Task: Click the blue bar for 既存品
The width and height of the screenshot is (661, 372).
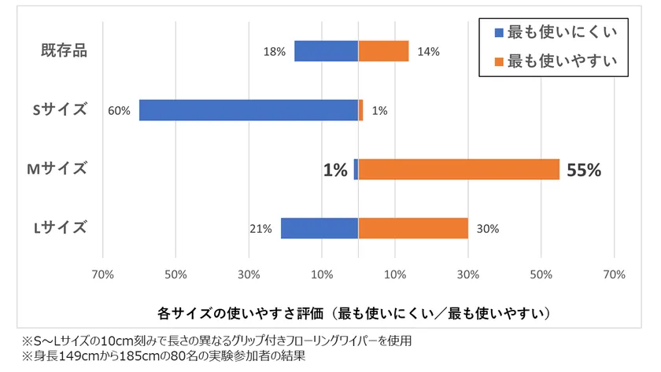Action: [326, 51]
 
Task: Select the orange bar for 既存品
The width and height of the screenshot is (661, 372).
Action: [383, 51]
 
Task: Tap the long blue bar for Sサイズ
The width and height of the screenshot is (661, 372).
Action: [249, 110]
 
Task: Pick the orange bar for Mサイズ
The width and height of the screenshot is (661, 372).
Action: [459, 169]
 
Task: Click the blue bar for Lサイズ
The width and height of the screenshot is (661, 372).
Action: [319, 228]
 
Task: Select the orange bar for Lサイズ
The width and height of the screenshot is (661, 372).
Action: [413, 228]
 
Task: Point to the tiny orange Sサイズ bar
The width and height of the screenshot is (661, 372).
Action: [360, 110]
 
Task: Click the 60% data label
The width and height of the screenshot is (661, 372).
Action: [119, 111]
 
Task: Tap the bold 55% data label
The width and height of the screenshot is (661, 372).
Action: [583, 170]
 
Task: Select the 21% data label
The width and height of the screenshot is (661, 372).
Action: [260, 229]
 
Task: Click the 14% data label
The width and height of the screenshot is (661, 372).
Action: [428, 52]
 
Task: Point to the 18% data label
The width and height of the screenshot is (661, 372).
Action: [274, 52]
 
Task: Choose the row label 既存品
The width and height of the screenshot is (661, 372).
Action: [64, 51]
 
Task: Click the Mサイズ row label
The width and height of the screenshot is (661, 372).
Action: [60, 168]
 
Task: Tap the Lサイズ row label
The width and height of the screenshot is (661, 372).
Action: [60, 228]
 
